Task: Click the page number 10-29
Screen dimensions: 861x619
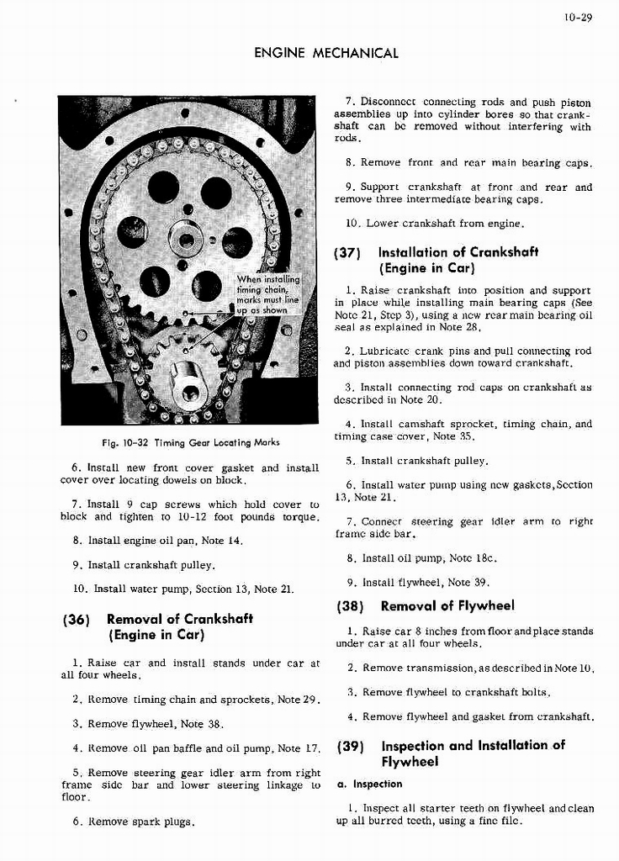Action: [580, 15]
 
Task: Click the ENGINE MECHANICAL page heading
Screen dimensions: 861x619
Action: [326, 53]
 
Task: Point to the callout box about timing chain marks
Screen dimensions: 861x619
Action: [267, 294]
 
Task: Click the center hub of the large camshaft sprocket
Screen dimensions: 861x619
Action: [186, 240]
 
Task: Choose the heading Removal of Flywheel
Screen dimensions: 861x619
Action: [447, 605]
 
